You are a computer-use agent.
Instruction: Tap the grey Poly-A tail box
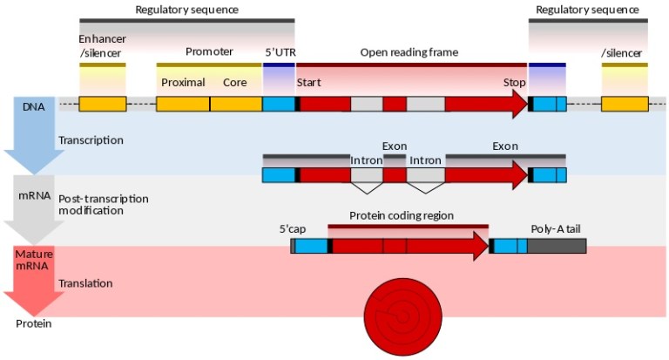[x=556, y=246]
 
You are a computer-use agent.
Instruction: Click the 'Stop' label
[x=514, y=83]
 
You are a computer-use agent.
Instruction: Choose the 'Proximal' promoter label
[x=183, y=83]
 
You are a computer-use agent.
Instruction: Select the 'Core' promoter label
[x=235, y=83]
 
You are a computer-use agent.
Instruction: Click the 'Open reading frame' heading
[x=409, y=52]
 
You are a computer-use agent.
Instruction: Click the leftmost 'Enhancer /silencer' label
[x=102, y=46]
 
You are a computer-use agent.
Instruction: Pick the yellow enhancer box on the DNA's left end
[x=102, y=104]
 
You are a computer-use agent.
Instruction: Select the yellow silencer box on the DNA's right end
[x=624, y=104]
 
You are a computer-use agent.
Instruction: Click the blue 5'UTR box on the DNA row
[x=279, y=104]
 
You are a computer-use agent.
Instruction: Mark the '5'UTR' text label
[x=280, y=52]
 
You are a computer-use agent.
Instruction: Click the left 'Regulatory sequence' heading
[x=186, y=9]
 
